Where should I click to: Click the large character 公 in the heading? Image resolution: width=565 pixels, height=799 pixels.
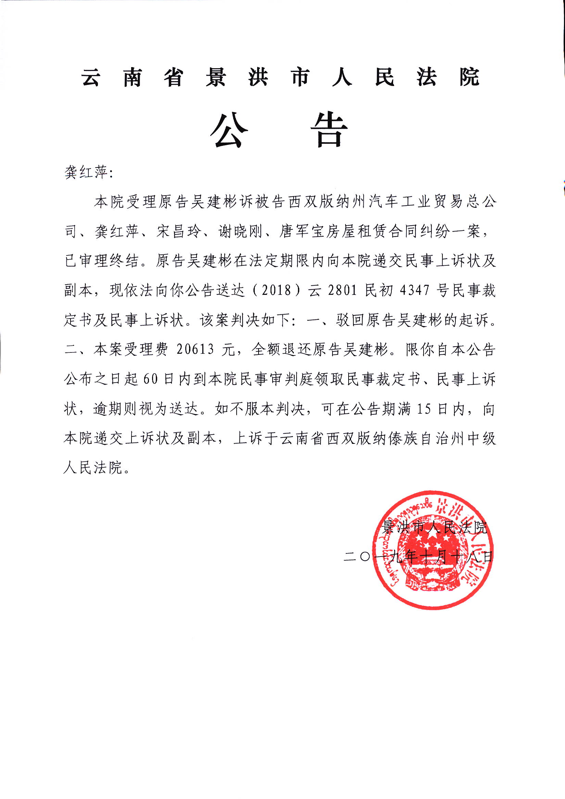[229, 130]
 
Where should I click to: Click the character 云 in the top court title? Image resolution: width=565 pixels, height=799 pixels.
[91, 77]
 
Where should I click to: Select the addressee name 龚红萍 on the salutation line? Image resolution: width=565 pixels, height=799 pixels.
[86, 172]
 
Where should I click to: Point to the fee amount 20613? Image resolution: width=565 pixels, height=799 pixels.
[195, 349]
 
